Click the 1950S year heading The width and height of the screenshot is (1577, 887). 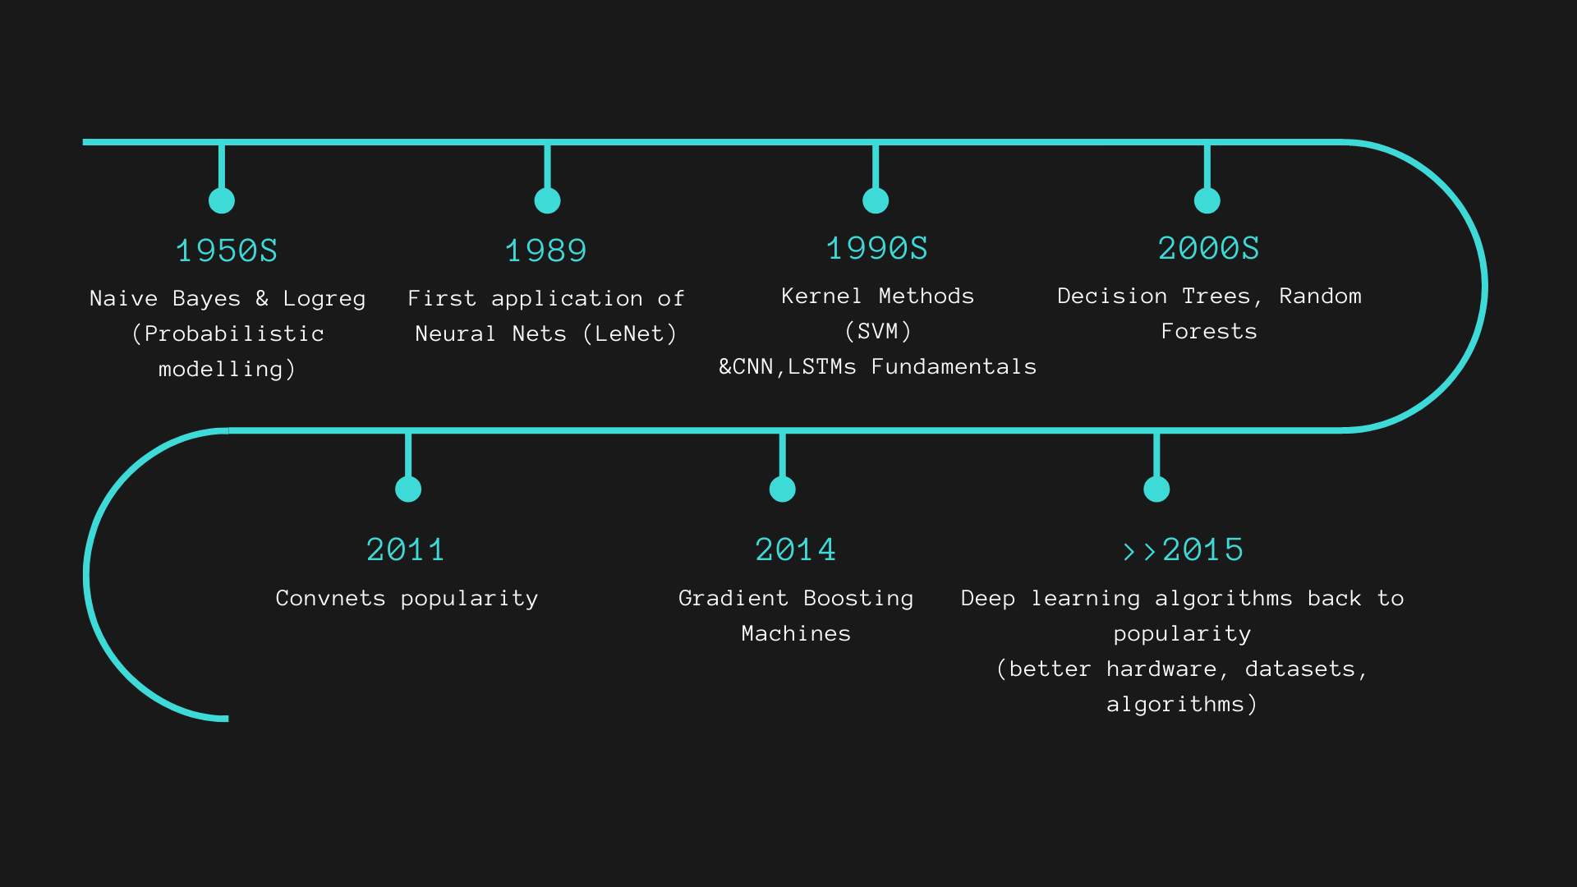coord(227,250)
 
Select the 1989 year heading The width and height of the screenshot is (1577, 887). coord(546,250)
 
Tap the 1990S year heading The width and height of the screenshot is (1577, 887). coord(876,248)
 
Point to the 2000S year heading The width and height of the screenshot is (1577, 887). coord(1208,248)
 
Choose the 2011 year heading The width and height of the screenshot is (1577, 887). coord(406,549)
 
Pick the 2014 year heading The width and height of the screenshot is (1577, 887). coord(796,549)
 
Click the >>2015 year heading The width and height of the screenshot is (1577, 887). coord(1183,549)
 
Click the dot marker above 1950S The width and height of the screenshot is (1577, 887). coord(222,200)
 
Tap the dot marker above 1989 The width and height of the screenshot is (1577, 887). coord(547,200)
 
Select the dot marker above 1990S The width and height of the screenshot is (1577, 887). coord(876,200)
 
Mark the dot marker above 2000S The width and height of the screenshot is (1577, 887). coord(1207,200)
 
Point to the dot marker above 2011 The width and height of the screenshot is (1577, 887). coord(408,489)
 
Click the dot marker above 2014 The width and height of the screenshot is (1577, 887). coord(783,489)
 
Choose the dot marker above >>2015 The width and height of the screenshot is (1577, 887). coord(1156,489)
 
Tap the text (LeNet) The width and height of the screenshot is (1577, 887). coord(630,333)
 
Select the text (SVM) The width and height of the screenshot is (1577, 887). coord(878,331)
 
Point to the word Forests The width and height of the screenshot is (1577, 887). coord(1209,331)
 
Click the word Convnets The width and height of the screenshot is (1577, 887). coord(330,598)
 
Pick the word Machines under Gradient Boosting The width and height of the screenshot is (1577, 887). coord(796,633)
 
